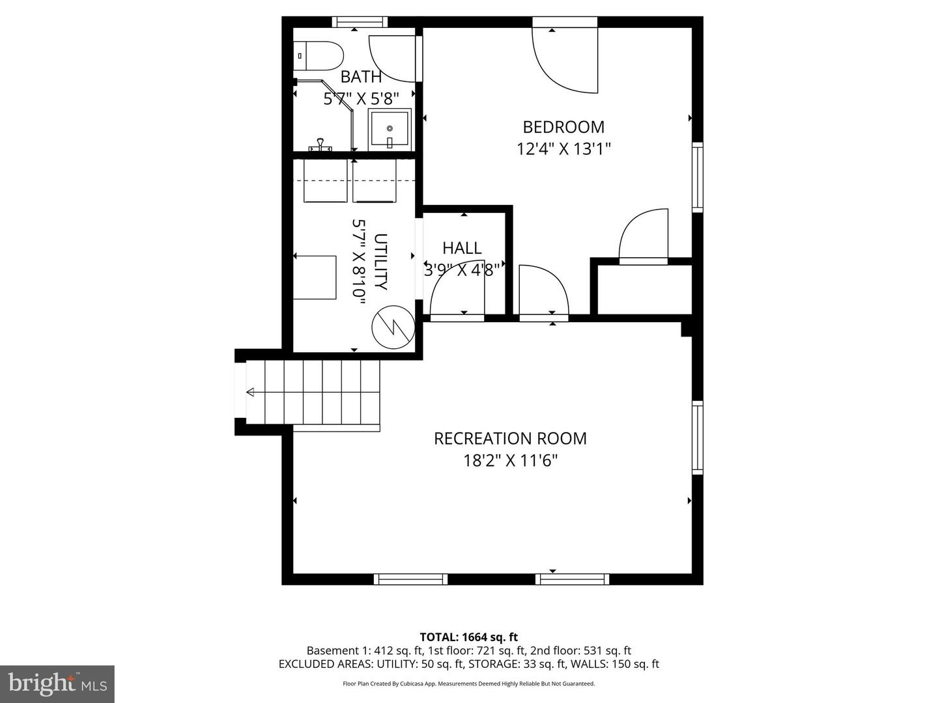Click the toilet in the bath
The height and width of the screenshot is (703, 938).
(x=318, y=56)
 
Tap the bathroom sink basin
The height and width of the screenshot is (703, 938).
(x=390, y=130)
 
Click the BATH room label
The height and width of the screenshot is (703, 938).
(x=361, y=77)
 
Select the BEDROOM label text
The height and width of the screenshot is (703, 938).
(x=563, y=126)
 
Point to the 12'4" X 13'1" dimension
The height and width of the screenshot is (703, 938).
(x=563, y=149)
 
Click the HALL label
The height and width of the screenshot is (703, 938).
(x=462, y=247)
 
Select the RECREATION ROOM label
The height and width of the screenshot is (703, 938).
(x=510, y=438)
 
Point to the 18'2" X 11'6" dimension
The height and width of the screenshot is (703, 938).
(x=510, y=461)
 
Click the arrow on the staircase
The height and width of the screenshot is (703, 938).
(x=251, y=392)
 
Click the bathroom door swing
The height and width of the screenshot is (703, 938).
(x=393, y=59)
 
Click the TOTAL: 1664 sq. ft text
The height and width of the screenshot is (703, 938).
(x=468, y=637)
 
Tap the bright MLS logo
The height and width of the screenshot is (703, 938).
(x=57, y=683)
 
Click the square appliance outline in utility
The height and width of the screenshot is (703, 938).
(x=315, y=277)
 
